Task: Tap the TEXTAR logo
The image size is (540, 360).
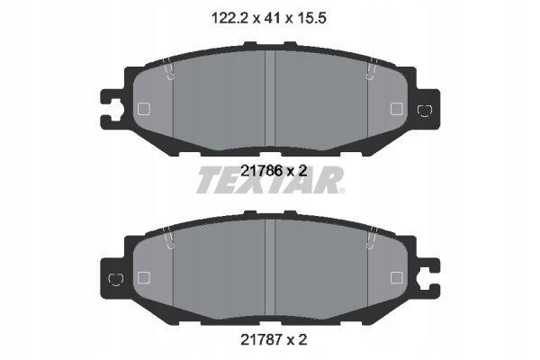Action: coord(269,182)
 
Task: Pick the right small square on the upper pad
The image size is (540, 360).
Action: coord(396,109)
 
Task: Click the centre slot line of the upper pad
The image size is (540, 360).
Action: coord(271,94)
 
